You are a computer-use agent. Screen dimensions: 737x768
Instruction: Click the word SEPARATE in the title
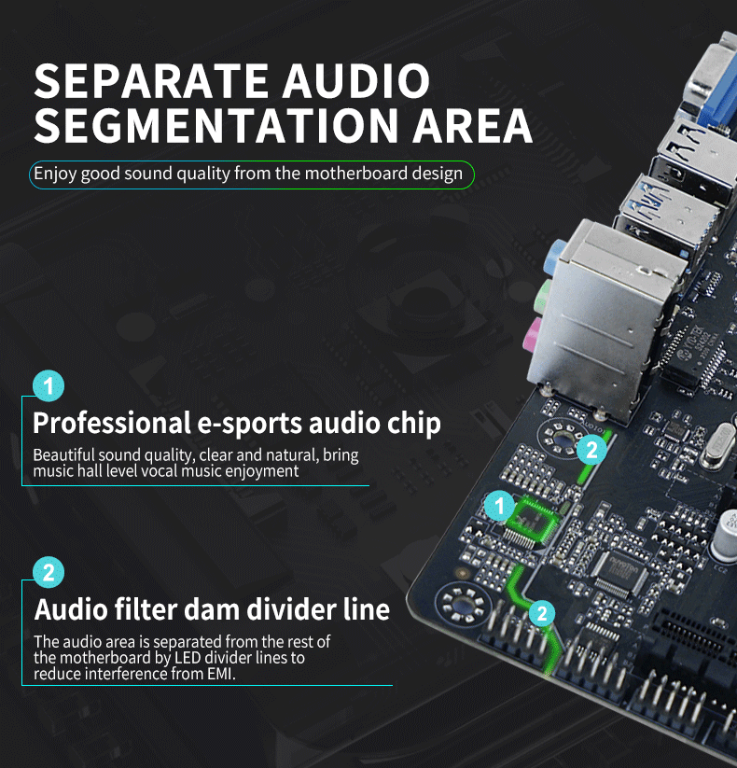click(x=151, y=80)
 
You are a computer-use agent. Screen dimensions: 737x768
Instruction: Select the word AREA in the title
click(x=472, y=125)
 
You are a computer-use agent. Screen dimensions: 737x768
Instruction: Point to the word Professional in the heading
click(x=112, y=423)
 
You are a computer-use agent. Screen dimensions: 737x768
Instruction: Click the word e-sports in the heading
click(x=250, y=425)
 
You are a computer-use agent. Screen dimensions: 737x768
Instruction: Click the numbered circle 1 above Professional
click(x=49, y=386)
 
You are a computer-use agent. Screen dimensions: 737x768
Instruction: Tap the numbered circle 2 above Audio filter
click(x=49, y=572)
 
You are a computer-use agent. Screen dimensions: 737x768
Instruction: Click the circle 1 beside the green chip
click(x=499, y=506)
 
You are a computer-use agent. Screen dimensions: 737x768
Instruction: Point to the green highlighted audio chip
click(x=533, y=521)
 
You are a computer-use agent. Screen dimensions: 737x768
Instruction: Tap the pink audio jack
click(x=533, y=335)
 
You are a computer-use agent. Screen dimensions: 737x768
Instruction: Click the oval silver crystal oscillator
click(x=718, y=446)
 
